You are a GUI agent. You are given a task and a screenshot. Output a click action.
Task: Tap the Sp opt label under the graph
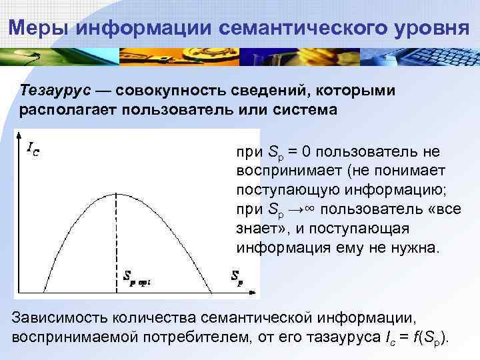pos(137,279)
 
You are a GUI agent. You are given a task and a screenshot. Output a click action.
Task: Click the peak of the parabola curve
pos(118,193)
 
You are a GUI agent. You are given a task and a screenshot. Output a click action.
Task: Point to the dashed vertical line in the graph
pos(118,240)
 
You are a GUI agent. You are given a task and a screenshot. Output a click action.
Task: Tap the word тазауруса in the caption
pos(339,335)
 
